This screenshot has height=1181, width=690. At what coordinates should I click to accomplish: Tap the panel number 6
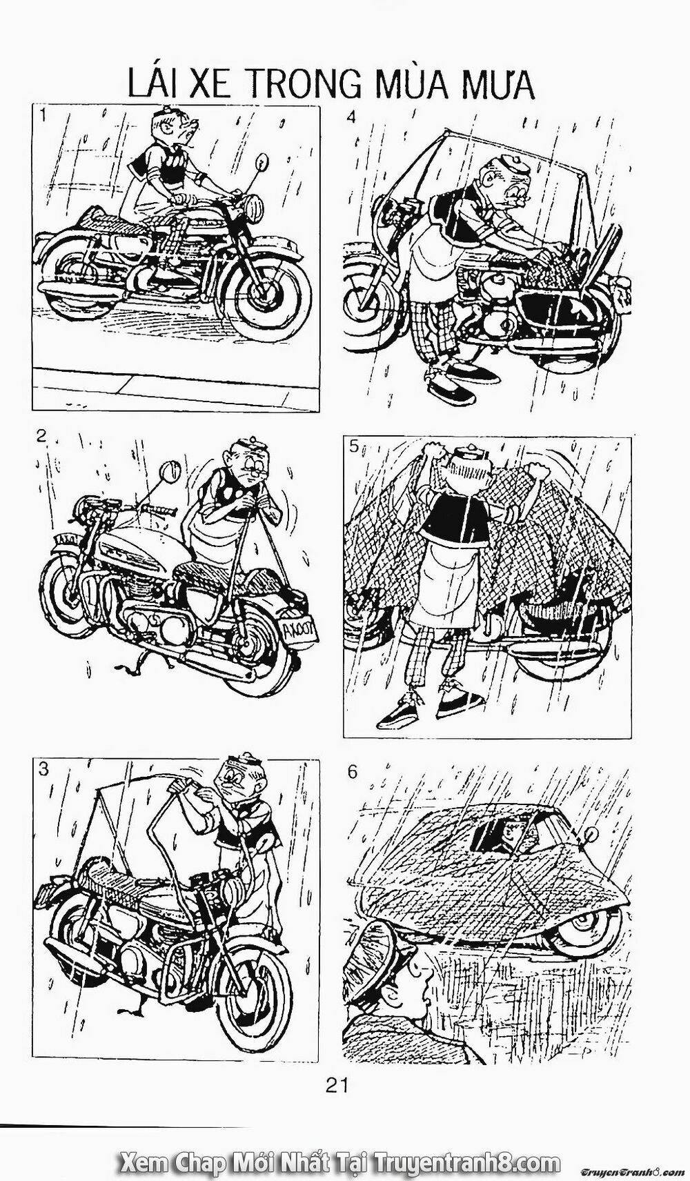[x=353, y=771]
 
